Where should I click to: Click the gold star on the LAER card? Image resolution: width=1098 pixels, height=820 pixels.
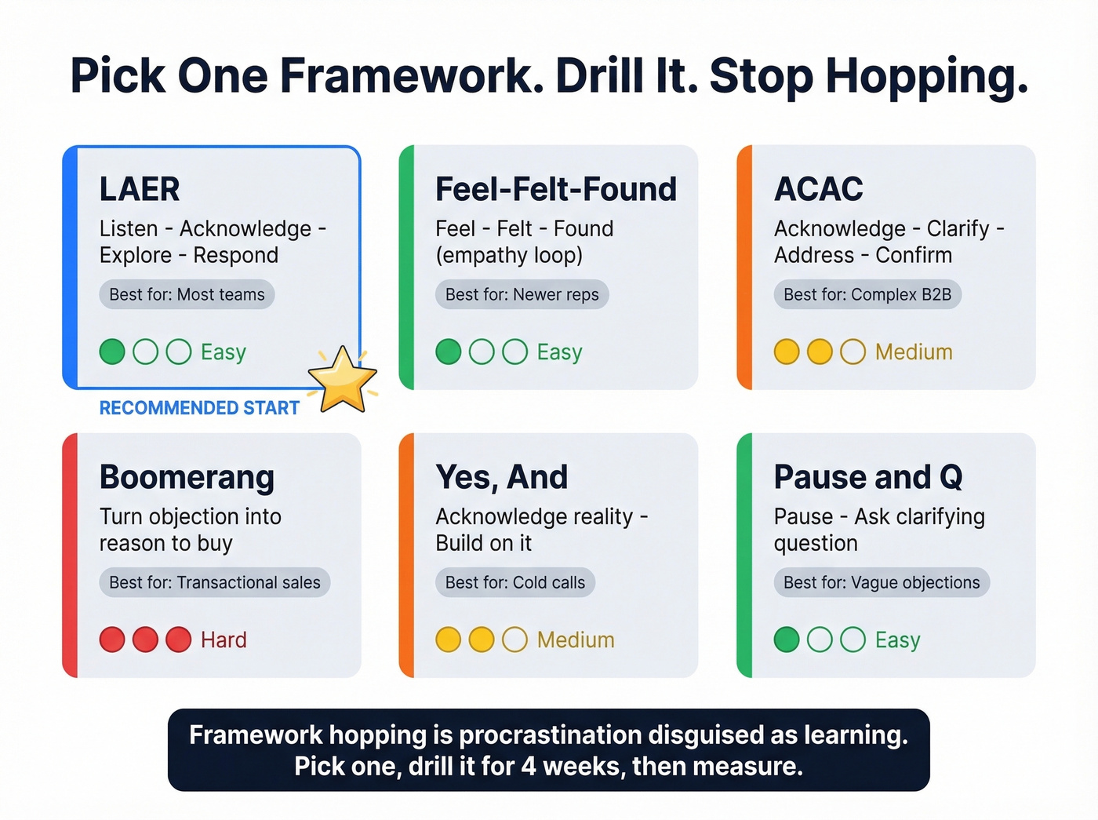pos(343,381)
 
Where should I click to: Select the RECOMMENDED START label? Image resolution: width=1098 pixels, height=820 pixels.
pos(199,408)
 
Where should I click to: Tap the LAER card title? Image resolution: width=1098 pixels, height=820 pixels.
pos(140,189)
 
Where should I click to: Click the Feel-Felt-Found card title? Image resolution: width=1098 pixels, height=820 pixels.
pos(555,189)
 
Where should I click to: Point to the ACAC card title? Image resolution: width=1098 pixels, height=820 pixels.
pos(818,189)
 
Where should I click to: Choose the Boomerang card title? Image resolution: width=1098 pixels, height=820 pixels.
pos(187,477)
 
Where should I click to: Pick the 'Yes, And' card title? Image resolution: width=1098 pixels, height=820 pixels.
pos(501,477)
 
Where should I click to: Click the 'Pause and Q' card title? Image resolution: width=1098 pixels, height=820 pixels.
pos(867,477)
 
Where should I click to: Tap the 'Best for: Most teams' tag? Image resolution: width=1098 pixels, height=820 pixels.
pos(187,295)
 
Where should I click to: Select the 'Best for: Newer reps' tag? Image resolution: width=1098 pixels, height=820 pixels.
pos(522,295)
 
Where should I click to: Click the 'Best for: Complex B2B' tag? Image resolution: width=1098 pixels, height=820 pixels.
pos(867,295)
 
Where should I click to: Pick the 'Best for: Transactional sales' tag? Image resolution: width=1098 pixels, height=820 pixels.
pos(214,583)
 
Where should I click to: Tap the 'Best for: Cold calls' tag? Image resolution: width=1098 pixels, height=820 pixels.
pos(514,583)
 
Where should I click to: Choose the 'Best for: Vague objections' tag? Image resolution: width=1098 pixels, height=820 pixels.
pos(882,583)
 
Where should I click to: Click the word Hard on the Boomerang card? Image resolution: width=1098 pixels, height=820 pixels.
pos(224,640)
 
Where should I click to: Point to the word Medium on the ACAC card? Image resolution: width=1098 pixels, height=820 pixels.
pos(914,352)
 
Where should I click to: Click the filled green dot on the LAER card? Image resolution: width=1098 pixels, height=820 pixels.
pos(112,352)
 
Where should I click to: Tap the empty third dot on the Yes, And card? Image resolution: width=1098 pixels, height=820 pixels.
pos(514,640)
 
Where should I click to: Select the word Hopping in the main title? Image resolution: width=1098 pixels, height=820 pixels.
pos(926,77)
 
